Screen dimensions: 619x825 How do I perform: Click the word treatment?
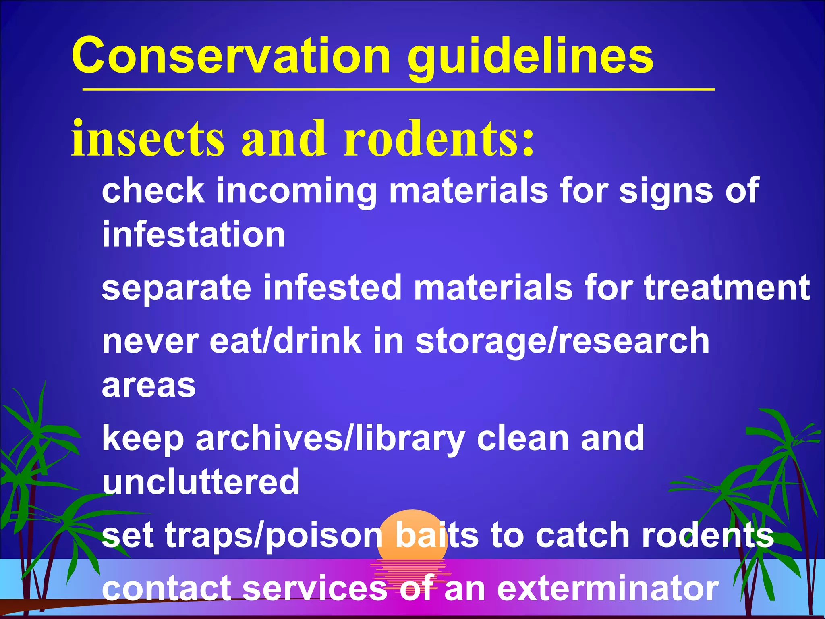(727, 288)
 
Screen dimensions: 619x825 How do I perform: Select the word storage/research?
(562, 342)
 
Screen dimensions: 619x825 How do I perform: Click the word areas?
(149, 386)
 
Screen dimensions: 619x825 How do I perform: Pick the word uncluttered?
(201, 482)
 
